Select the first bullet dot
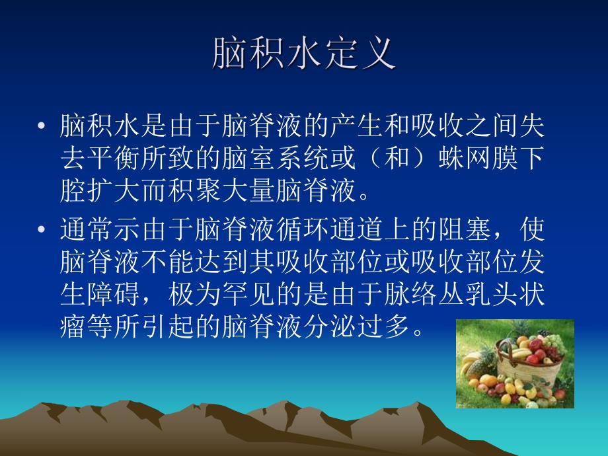click(43, 126)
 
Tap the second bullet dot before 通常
click(43, 231)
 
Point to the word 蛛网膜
click(474, 159)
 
